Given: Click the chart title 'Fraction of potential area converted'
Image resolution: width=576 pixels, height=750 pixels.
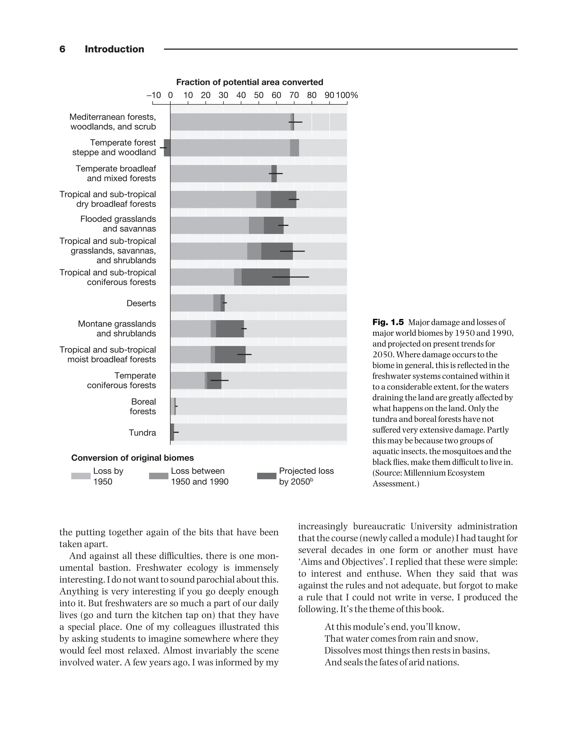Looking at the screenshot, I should (x=249, y=82).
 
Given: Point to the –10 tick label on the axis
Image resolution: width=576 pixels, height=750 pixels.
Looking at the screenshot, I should (x=154, y=95).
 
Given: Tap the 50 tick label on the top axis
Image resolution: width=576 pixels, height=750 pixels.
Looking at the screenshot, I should (x=258, y=95).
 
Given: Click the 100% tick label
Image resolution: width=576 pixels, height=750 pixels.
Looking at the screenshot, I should (x=346, y=95).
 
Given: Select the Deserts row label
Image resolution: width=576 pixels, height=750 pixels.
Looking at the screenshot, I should (x=141, y=303).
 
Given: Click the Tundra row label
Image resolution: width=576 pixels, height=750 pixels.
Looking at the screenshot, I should (x=142, y=433).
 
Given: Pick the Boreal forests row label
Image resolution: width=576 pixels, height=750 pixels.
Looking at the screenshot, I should (x=143, y=406).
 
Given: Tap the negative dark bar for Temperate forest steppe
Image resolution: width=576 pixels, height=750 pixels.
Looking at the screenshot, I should (x=167, y=148).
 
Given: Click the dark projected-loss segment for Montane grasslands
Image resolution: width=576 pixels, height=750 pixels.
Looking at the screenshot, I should (x=230, y=329).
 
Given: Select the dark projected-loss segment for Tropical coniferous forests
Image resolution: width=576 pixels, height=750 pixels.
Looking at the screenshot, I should (x=265, y=277).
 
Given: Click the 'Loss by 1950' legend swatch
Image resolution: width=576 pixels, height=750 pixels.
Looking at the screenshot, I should (x=80, y=476).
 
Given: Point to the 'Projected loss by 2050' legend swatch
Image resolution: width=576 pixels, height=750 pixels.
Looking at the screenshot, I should (x=266, y=476).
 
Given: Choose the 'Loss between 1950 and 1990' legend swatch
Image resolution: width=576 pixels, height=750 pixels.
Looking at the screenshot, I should (x=158, y=476).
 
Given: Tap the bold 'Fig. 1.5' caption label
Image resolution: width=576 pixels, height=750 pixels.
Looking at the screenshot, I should (x=388, y=322).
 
